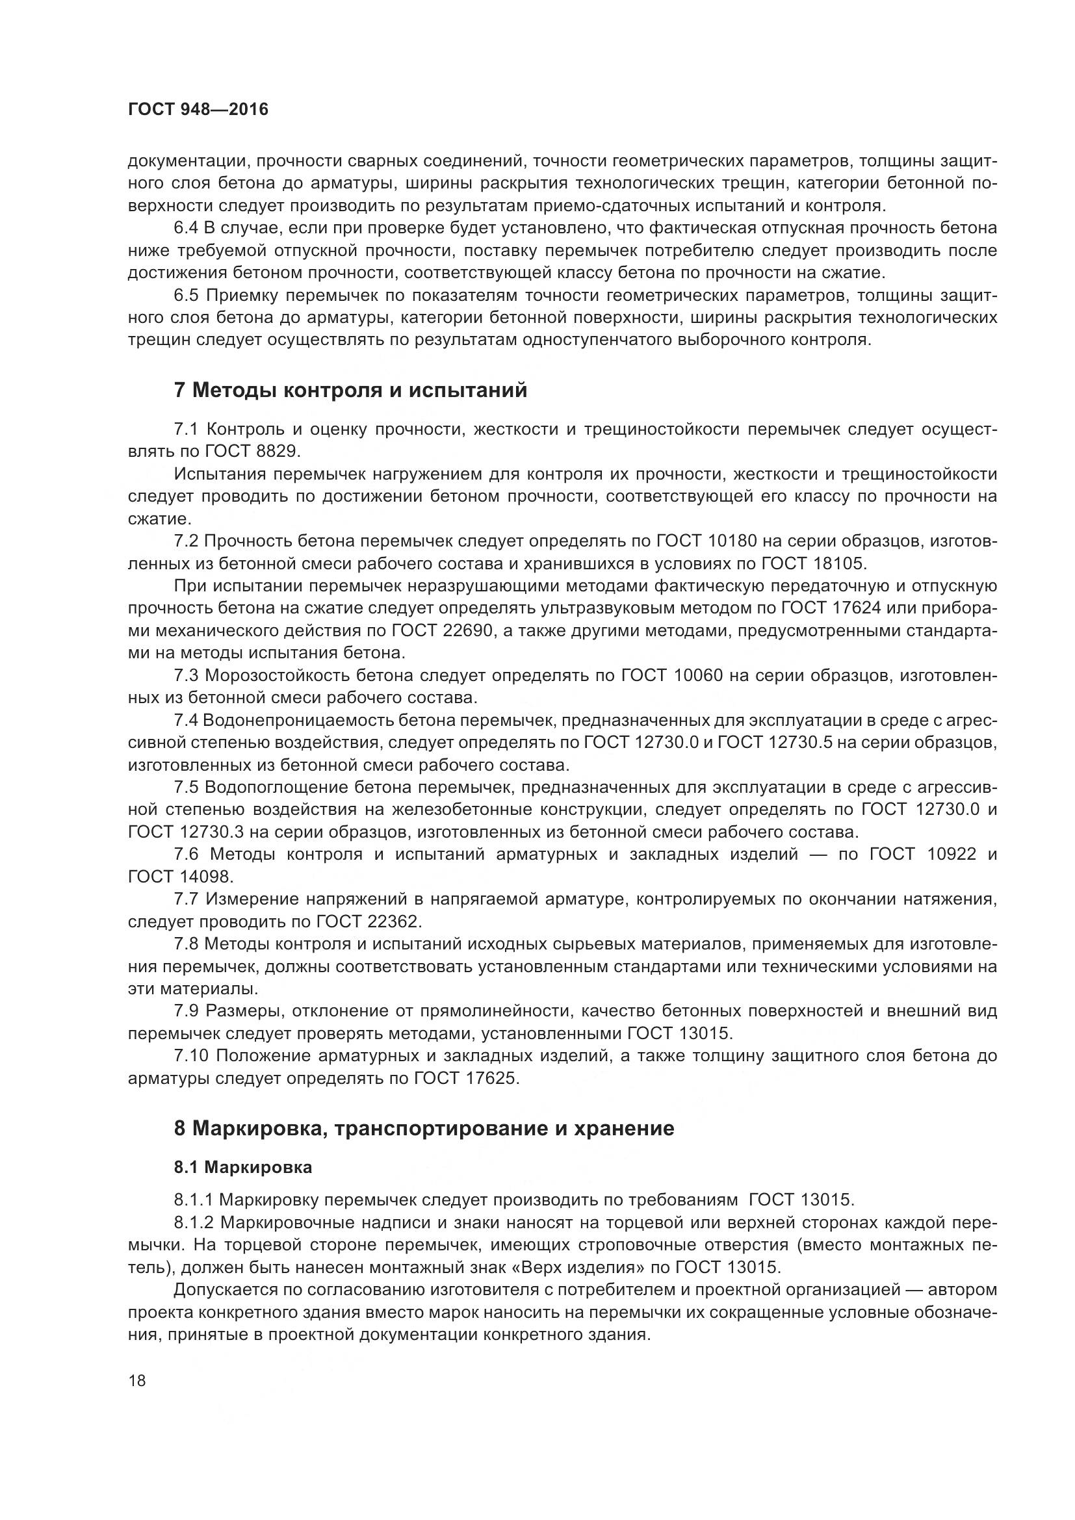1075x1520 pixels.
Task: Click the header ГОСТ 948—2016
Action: tap(198, 110)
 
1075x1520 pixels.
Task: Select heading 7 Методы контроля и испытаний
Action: tap(350, 391)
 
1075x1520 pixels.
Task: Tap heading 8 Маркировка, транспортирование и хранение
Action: tap(424, 1128)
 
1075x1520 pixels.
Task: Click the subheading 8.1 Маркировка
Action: tap(243, 1167)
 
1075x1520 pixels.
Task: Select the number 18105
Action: tap(838, 563)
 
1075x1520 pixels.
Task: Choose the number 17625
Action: tap(491, 1077)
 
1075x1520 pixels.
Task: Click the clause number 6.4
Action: tap(186, 228)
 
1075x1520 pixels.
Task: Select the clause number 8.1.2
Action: tap(193, 1222)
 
